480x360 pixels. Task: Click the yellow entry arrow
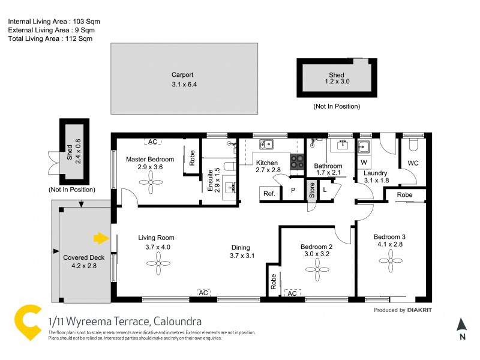100,239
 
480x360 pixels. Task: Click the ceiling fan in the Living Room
158,262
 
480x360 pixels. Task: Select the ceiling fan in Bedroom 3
390,260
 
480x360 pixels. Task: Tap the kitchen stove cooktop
297,160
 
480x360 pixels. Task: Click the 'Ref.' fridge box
269,193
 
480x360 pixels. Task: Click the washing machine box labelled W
364,162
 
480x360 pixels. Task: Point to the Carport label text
182,75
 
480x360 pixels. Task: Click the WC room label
413,163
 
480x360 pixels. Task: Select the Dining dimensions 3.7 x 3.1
242,256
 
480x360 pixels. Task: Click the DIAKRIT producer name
419,310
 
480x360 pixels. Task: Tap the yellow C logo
26,323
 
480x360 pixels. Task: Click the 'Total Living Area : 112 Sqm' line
50,38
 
